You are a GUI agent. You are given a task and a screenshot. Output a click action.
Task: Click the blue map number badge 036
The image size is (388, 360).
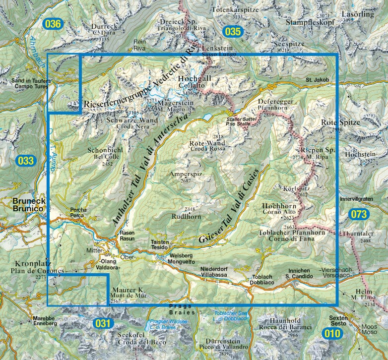[54, 24]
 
